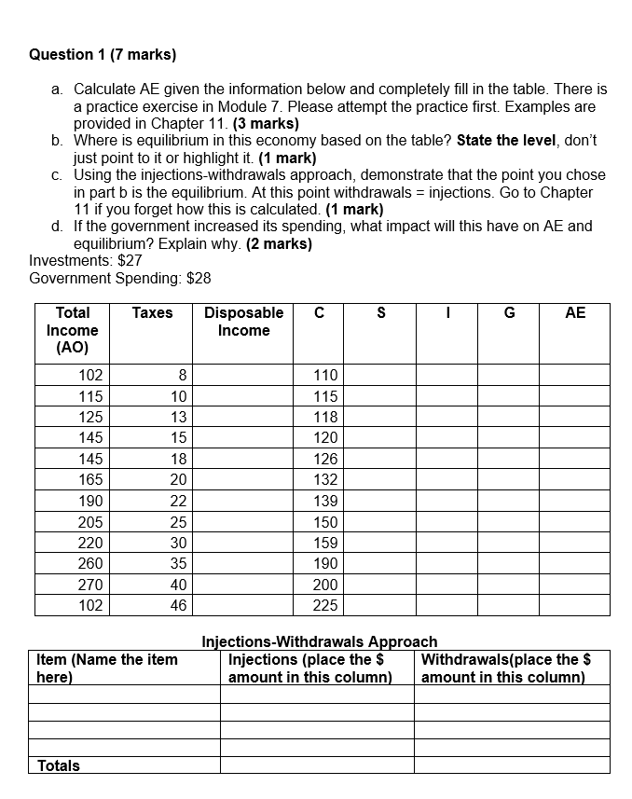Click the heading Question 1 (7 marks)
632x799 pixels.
(x=103, y=54)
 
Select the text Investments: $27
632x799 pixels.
(x=86, y=260)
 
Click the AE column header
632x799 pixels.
(x=575, y=313)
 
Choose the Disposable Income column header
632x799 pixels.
(x=243, y=322)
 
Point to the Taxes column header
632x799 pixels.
(x=152, y=313)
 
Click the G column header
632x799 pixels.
(x=509, y=313)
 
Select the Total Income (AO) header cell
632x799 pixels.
(x=73, y=330)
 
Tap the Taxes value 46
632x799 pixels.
(x=179, y=605)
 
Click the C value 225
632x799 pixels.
(x=325, y=605)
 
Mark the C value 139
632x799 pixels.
(x=325, y=501)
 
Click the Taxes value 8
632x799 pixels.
(x=183, y=375)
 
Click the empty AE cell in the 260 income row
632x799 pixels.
(x=575, y=563)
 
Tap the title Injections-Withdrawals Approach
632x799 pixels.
(x=319, y=641)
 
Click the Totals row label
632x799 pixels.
(x=58, y=765)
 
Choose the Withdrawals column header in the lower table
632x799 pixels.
(x=507, y=668)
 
